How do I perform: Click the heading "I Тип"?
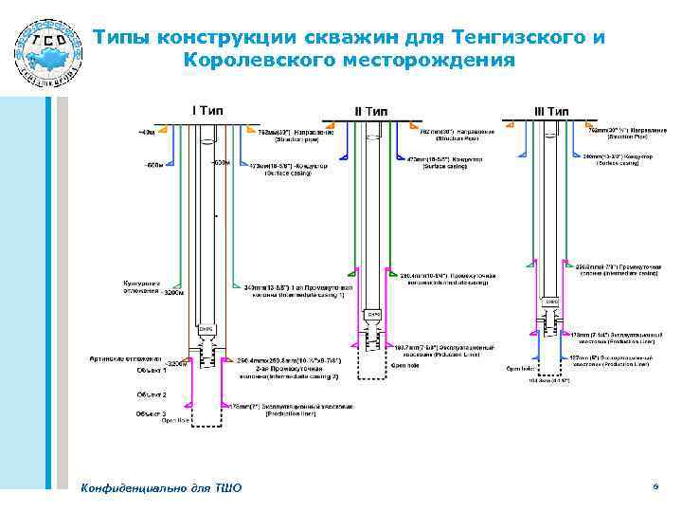(x=207, y=110)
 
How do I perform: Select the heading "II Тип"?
(x=371, y=112)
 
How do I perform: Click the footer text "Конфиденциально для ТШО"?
(x=162, y=487)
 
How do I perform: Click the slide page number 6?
(x=655, y=485)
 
